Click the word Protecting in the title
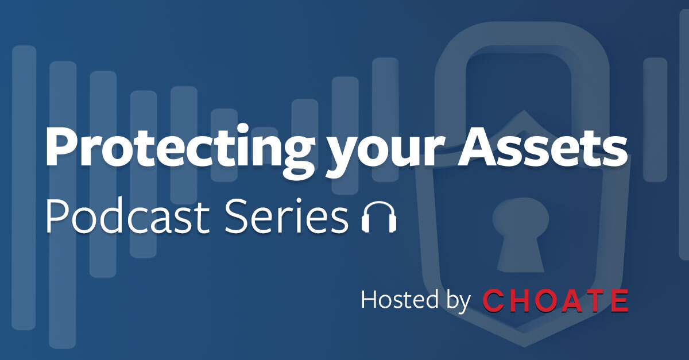(180, 151)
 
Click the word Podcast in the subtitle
(128, 216)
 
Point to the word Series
(287, 216)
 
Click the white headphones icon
(379, 217)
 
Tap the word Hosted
(400, 299)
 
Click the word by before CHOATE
(458, 301)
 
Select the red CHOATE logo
(555, 300)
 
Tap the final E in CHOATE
(619, 300)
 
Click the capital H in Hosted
(369, 299)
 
